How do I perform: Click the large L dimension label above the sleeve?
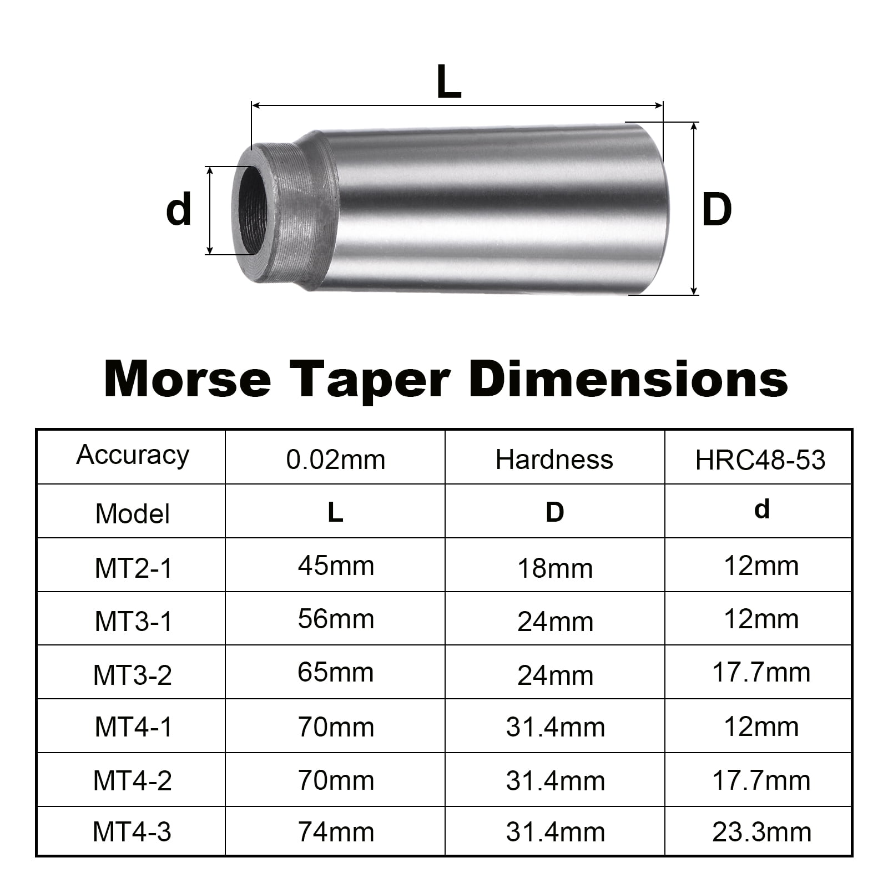click(449, 82)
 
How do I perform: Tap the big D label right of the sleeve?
click(717, 210)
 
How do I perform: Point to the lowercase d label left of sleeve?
click(179, 210)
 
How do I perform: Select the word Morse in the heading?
click(187, 380)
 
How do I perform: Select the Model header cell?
click(132, 513)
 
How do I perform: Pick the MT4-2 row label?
click(132, 780)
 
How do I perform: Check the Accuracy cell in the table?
click(132, 455)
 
